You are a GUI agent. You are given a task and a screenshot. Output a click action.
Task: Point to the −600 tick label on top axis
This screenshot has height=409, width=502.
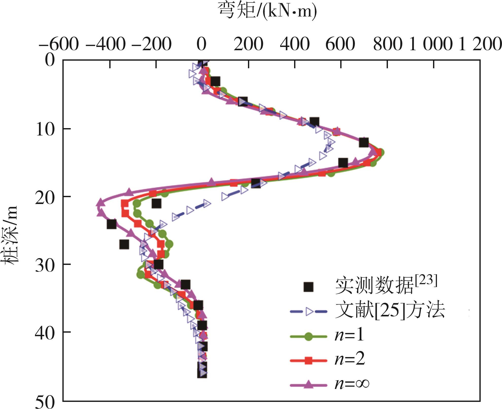(59, 44)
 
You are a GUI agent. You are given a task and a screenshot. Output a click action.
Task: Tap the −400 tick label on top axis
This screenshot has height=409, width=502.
(106, 44)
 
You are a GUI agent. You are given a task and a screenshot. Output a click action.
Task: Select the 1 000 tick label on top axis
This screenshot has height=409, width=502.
(431, 44)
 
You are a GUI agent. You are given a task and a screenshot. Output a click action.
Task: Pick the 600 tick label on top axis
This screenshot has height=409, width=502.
(340, 44)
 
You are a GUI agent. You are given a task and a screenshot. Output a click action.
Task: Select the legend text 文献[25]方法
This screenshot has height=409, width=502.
(390, 311)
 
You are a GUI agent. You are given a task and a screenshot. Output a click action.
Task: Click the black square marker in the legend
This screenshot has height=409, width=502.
(308, 287)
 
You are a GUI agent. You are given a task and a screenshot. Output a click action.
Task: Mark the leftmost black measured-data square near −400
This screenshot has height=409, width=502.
(112, 224)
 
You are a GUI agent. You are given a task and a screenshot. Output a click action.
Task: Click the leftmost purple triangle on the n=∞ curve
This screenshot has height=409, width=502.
(100, 203)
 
